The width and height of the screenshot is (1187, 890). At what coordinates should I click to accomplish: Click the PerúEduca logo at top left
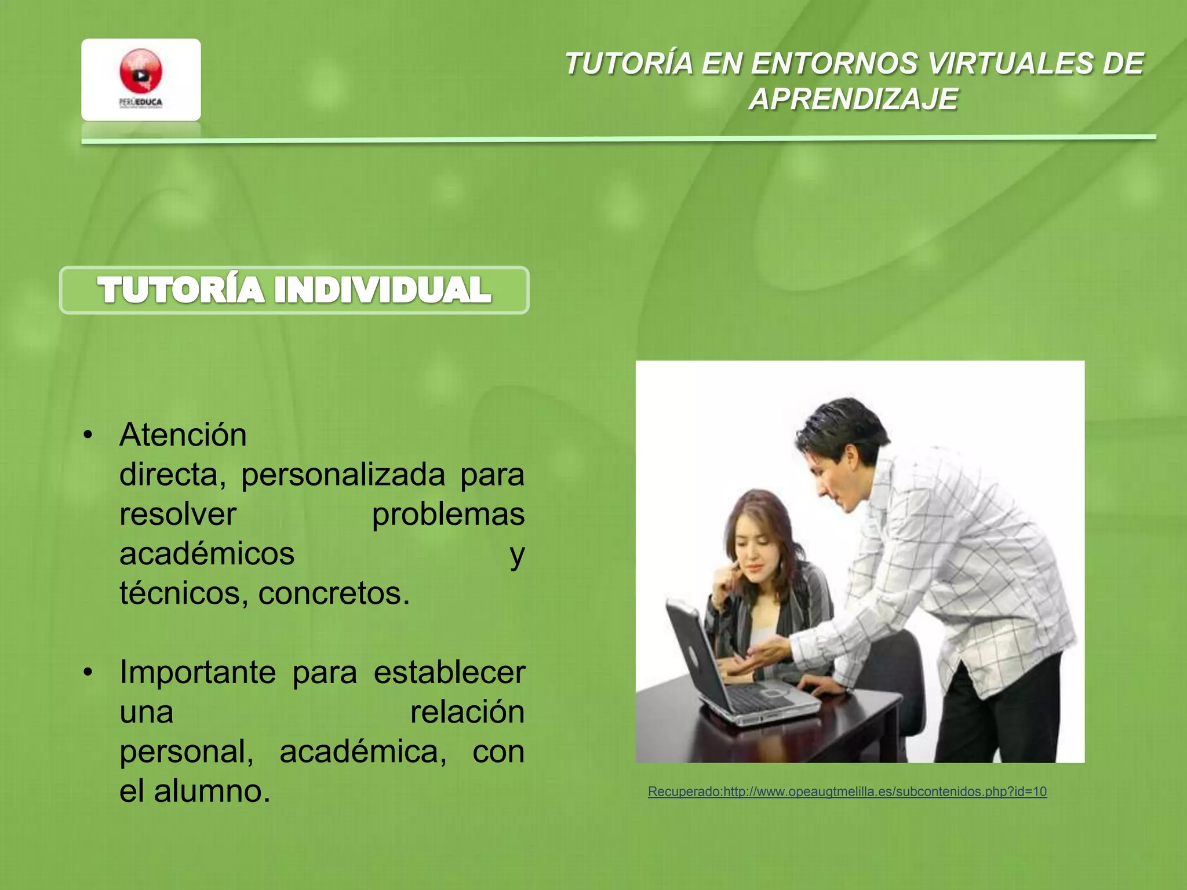pyautogui.click(x=141, y=79)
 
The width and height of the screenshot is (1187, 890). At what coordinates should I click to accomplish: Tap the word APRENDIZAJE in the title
pyautogui.click(x=853, y=99)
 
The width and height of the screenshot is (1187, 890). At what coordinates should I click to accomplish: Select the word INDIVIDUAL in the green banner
pyautogui.click(x=383, y=290)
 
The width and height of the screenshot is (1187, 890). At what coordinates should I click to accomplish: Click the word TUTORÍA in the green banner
pyautogui.click(x=181, y=290)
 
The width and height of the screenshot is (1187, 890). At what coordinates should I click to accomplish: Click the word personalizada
pyautogui.click(x=343, y=475)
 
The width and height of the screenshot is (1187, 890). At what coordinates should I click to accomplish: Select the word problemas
pyautogui.click(x=448, y=514)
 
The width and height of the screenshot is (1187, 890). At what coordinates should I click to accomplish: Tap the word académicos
pyautogui.click(x=207, y=553)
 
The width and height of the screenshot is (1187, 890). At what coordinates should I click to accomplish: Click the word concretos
pyautogui.click(x=334, y=593)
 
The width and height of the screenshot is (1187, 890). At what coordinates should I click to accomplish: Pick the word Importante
pyautogui.click(x=198, y=672)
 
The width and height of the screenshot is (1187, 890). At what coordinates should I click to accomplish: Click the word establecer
pyautogui.click(x=449, y=672)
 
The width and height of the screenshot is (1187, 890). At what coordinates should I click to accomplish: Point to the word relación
pyautogui.click(x=467, y=712)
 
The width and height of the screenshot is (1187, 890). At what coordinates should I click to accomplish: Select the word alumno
pyautogui.click(x=212, y=791)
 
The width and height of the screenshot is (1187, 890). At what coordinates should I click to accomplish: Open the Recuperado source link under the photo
pyautogui.click(x=847, y=791)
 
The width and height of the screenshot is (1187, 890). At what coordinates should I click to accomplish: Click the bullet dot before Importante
pyautogui.click(x=88, y=672)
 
